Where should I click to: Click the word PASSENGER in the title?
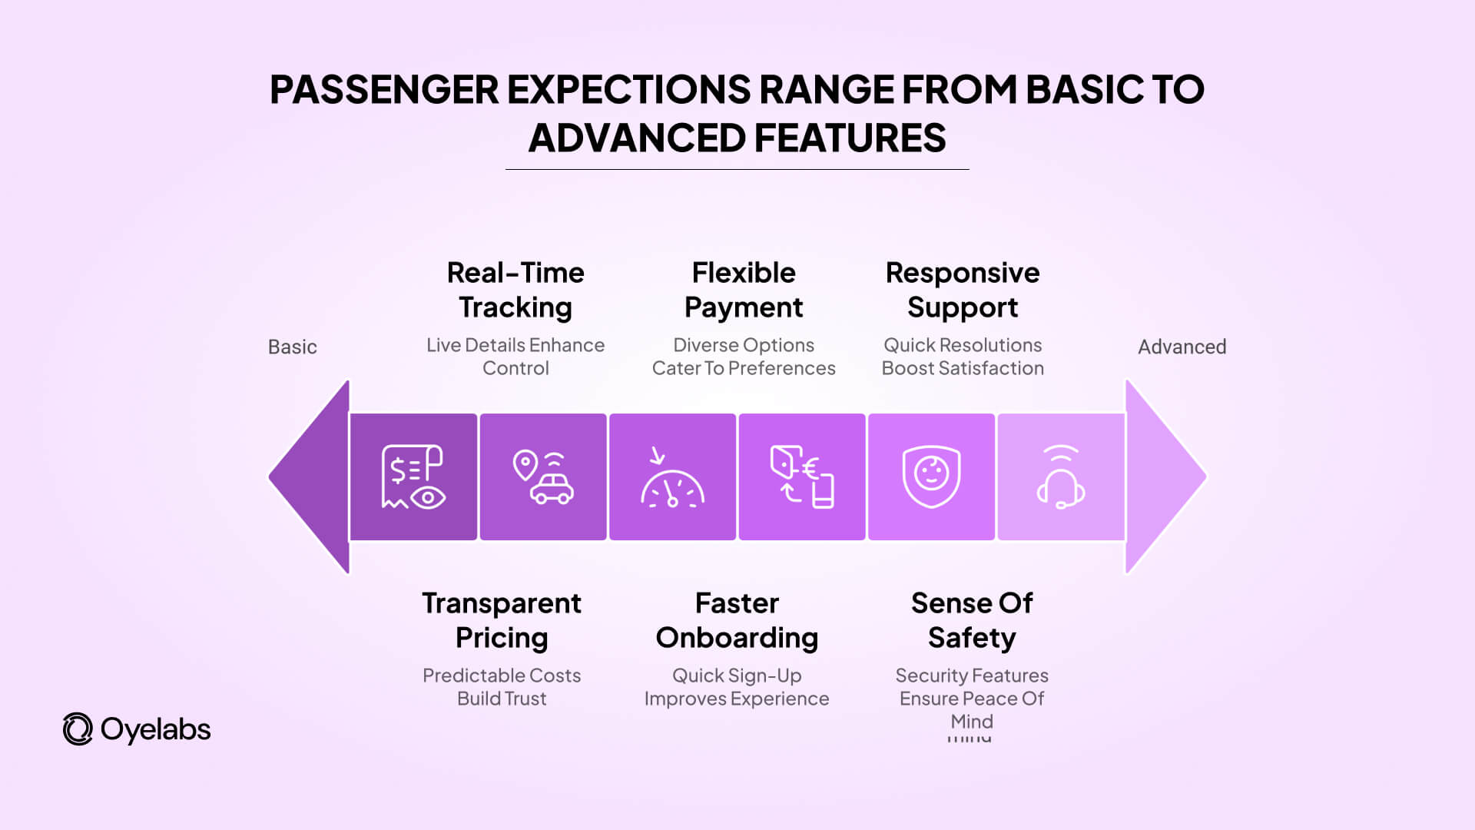pyautogui.click(x=384, y=89)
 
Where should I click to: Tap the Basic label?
pyautogui.click(x=292, y=347)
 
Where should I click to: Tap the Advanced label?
pyautogui.click(x=1182, y=347)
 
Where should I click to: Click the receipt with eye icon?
pyautogui.click(x=413, y=476)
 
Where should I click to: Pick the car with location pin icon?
pyautogui.click(x=543, y=476)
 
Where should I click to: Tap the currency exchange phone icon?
pyautogui.click(x=802, y=476)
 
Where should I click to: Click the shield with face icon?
pyautogui.click(x=931, y=476)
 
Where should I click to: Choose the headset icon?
pyautogui.click(x=1061, y=476)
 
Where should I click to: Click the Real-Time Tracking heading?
pyautogui.click(x=515, y=290)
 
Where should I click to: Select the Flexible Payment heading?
pyautogui.click(x=744, y=290)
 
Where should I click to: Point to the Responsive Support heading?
pyautogui.click(x=963, y=290)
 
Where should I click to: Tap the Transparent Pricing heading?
pyautogui.click(x=502, y=620)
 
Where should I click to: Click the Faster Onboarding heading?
pyautogui.click(x=737, y=620)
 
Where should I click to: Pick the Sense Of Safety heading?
pyautogui.click(x=972, y=620)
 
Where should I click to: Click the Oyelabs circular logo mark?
pyautogui.click(x=78, y=729)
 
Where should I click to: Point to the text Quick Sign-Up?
pyautogui.click(x=737, y=676)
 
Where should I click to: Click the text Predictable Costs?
pyautogui.click(x=502, y=676)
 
